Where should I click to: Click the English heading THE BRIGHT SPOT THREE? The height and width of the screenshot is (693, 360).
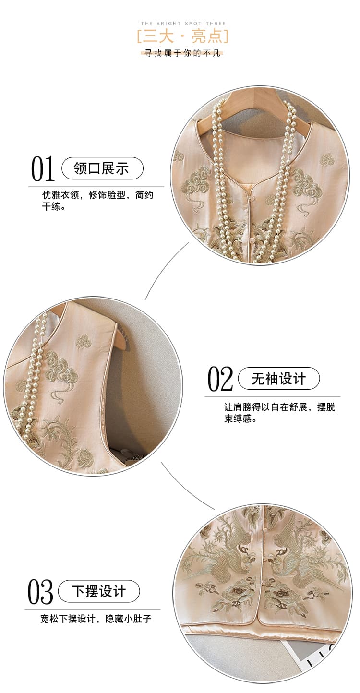coord(183,23)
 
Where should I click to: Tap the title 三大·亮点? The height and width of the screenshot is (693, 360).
coord(183,36)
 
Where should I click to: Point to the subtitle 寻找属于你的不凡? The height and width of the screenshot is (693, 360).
coord(182,53)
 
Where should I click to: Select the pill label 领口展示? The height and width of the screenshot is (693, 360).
coord(102,168)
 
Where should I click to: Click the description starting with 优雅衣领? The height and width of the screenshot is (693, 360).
coord(97,201)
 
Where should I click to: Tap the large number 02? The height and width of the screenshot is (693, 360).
coord(220,379)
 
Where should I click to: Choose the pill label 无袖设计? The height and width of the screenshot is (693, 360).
coord(278,378)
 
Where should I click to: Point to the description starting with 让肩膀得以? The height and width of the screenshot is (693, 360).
coord(279,412)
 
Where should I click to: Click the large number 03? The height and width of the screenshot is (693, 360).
coord(40,592)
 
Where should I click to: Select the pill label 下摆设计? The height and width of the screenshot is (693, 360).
coord(99,591)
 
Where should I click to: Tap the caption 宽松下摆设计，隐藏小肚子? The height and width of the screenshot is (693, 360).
coord(96,619)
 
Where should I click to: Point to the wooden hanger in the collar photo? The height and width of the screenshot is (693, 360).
coord(244,108)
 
